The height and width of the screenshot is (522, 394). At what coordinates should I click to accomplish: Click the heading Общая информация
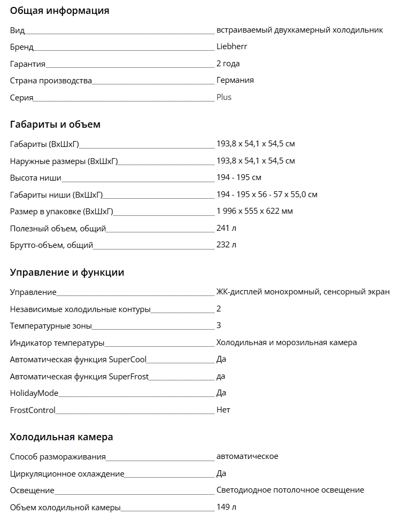[59, 11]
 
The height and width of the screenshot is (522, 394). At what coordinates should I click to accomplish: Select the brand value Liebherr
[231, 46]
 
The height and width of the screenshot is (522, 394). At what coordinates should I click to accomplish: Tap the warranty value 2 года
[228, 64]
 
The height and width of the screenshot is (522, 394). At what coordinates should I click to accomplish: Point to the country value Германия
[235, 80]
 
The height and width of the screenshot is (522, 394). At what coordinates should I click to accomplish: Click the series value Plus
[223, 97]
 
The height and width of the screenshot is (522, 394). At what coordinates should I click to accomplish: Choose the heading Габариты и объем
[55, 124]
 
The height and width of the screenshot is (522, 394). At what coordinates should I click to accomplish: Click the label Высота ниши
[35, 177]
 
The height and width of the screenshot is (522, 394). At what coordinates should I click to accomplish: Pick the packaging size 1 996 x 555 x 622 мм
[254, 211]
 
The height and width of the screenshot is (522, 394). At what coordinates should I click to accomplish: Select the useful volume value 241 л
[226, 228]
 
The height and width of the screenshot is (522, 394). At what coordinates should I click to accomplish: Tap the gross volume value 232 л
[226, 245]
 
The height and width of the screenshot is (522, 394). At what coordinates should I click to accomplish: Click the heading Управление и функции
[67, 272]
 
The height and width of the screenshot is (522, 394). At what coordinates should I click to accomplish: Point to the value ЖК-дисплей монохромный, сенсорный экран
[303, 292]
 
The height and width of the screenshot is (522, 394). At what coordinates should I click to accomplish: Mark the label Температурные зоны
[51, 325]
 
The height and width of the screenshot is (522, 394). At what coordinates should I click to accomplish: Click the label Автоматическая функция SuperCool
[78, 359]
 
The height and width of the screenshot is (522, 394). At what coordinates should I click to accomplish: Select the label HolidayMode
[34, 393]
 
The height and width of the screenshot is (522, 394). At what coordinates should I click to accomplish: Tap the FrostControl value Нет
[223, 410]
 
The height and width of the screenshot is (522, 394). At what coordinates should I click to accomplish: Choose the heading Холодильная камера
[61, 437]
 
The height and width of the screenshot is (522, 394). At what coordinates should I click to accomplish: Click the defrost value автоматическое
[247, 456]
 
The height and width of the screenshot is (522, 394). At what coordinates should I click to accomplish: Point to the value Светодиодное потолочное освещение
[290, 490]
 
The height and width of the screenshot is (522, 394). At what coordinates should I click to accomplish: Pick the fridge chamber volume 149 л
[226, 507]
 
